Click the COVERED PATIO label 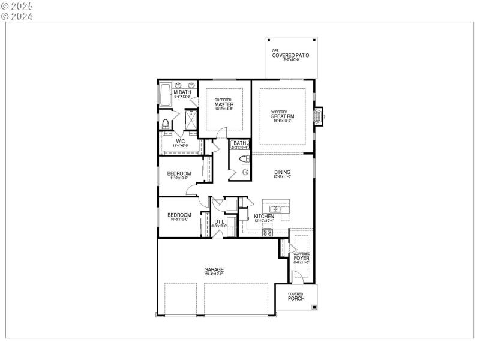coord(291,55)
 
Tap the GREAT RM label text coord(283,116)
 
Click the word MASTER coord(224,104)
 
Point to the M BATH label coord(182,92)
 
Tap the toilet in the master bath coord(166,125)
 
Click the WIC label coord(180,142)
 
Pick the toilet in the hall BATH coord(244,159)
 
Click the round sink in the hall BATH coord(245,172)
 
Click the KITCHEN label coord(264,216)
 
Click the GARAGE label coord(214,270)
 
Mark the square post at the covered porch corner coord(314,307)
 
